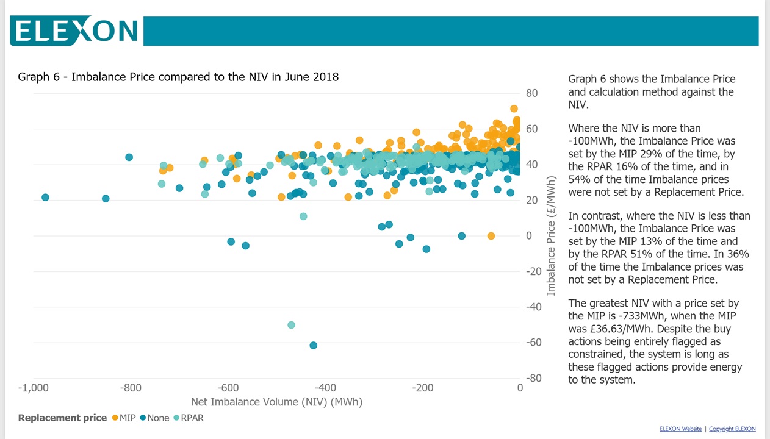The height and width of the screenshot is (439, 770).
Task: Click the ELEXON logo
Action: [75, 30]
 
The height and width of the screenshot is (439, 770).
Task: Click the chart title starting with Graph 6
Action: [178, 77]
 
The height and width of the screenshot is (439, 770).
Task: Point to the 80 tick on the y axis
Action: [531, 93]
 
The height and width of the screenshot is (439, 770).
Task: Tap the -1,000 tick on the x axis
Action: [34, 388]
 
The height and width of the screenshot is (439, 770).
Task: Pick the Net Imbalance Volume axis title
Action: [276, 402]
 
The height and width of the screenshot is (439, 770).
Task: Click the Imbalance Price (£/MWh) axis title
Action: [552, 235]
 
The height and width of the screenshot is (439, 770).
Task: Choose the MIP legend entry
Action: [124, 418]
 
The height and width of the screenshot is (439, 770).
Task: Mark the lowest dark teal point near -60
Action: [313, 345]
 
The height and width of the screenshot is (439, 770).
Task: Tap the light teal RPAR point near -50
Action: [291, 325]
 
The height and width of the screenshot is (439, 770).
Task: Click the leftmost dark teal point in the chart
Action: [45, 198]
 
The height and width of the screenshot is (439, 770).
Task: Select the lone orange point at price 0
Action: [491, 236]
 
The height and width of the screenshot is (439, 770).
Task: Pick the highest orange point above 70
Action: [514, 109]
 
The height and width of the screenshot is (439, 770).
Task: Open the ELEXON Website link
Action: [680, 429]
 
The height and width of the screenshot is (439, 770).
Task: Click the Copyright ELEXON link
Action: [732, 429]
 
